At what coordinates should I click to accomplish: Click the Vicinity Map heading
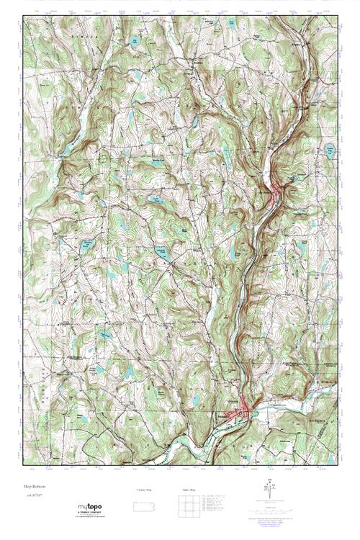tap(144, 489)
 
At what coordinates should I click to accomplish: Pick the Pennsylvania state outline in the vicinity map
tap(144, 506)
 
